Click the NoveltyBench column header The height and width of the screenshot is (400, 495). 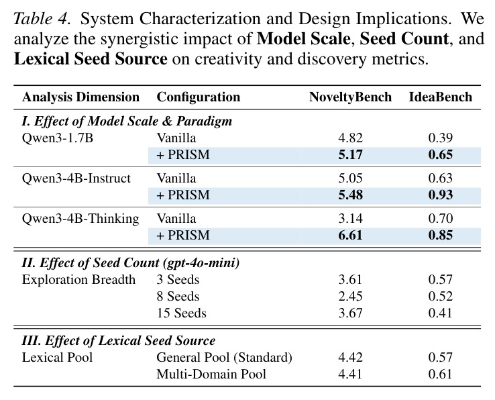350,97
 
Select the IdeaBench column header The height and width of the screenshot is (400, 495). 441,97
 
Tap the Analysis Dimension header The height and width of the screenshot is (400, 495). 80,97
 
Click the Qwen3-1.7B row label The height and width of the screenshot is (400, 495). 58,138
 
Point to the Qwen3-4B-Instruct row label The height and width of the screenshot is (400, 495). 76,179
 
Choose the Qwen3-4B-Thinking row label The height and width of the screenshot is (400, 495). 80,219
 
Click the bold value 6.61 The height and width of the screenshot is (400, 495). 350,236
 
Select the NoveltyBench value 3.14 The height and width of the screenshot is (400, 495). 350,219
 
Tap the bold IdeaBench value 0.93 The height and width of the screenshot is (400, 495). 441,195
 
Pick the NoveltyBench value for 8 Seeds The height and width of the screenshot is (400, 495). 350,297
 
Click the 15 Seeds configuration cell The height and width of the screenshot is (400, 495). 182,313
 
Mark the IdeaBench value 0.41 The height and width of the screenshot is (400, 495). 441,313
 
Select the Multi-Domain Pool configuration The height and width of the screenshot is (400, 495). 211,374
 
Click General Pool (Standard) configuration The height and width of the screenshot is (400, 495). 224,357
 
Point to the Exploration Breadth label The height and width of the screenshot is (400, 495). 78,280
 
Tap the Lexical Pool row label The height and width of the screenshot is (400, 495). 57,358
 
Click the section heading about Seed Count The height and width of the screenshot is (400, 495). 130,263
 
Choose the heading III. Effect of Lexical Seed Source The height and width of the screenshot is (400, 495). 118,340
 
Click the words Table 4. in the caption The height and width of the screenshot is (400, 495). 42,19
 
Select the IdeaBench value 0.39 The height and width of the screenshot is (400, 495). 441,138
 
